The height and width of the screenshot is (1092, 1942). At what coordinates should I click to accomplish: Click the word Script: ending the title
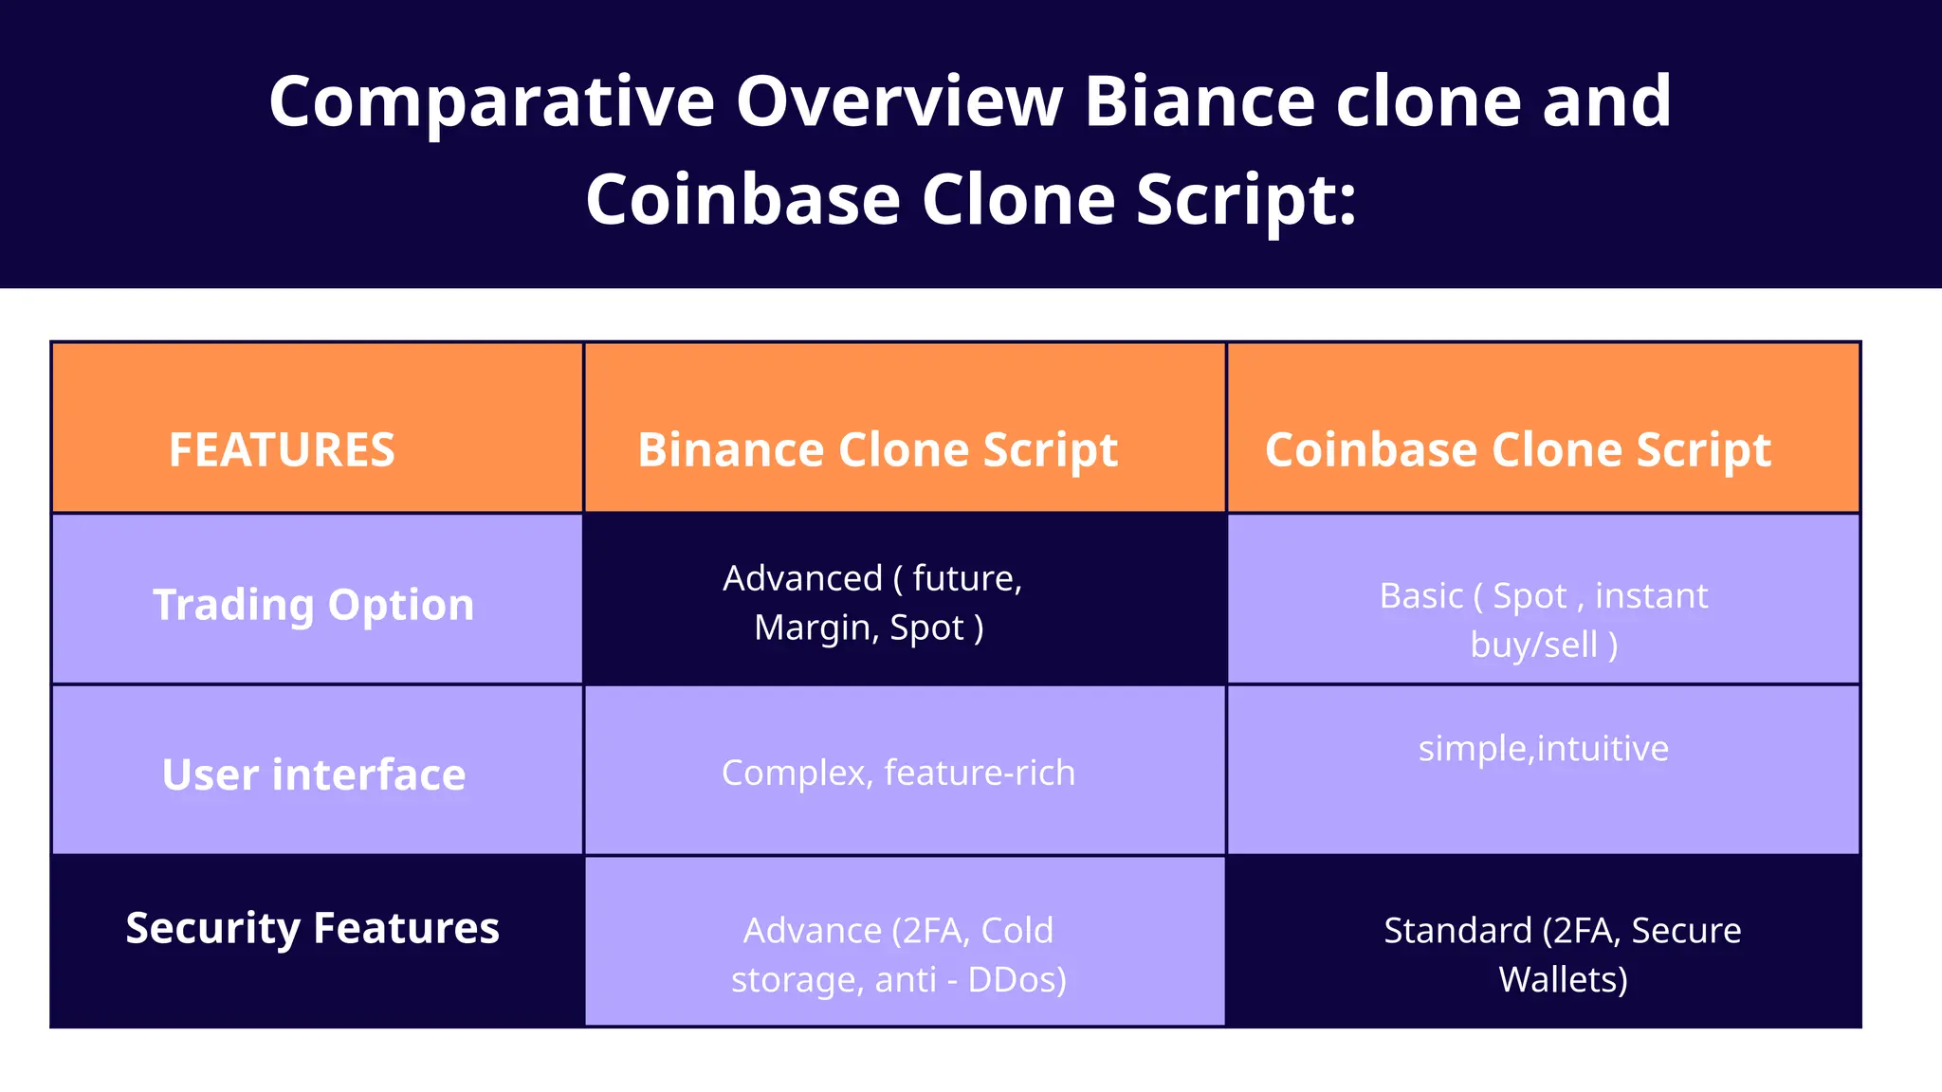(1246, 200)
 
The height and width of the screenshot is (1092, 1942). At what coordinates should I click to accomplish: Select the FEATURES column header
(282, 449)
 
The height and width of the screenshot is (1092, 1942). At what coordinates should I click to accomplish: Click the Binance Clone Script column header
(877, 449)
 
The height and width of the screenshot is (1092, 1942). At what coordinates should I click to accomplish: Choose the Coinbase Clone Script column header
(1517, 449)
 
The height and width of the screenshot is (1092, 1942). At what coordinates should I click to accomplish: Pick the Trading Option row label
(314, 604)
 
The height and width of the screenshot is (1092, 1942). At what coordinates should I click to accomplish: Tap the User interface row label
(314, 774)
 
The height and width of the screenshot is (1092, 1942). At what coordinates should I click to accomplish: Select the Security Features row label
(312, 927)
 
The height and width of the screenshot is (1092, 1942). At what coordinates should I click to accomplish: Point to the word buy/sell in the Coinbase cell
(1533, 646)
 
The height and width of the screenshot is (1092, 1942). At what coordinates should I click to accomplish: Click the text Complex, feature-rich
(898, 773)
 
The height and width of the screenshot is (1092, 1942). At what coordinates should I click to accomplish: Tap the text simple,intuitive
(1543, 748)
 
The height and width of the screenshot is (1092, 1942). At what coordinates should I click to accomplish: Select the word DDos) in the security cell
(1017, 979)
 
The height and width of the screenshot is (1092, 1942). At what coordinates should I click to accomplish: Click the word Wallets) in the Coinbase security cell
(1563, 979)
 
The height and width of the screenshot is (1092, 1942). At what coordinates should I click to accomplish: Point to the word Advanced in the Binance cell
(802, 578)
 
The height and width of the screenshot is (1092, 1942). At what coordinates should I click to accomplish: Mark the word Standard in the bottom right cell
(1457, 930)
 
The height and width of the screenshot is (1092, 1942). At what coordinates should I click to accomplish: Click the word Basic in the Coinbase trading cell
(1420, 596)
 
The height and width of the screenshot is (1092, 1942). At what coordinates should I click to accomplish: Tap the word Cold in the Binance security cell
(1017, 930)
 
